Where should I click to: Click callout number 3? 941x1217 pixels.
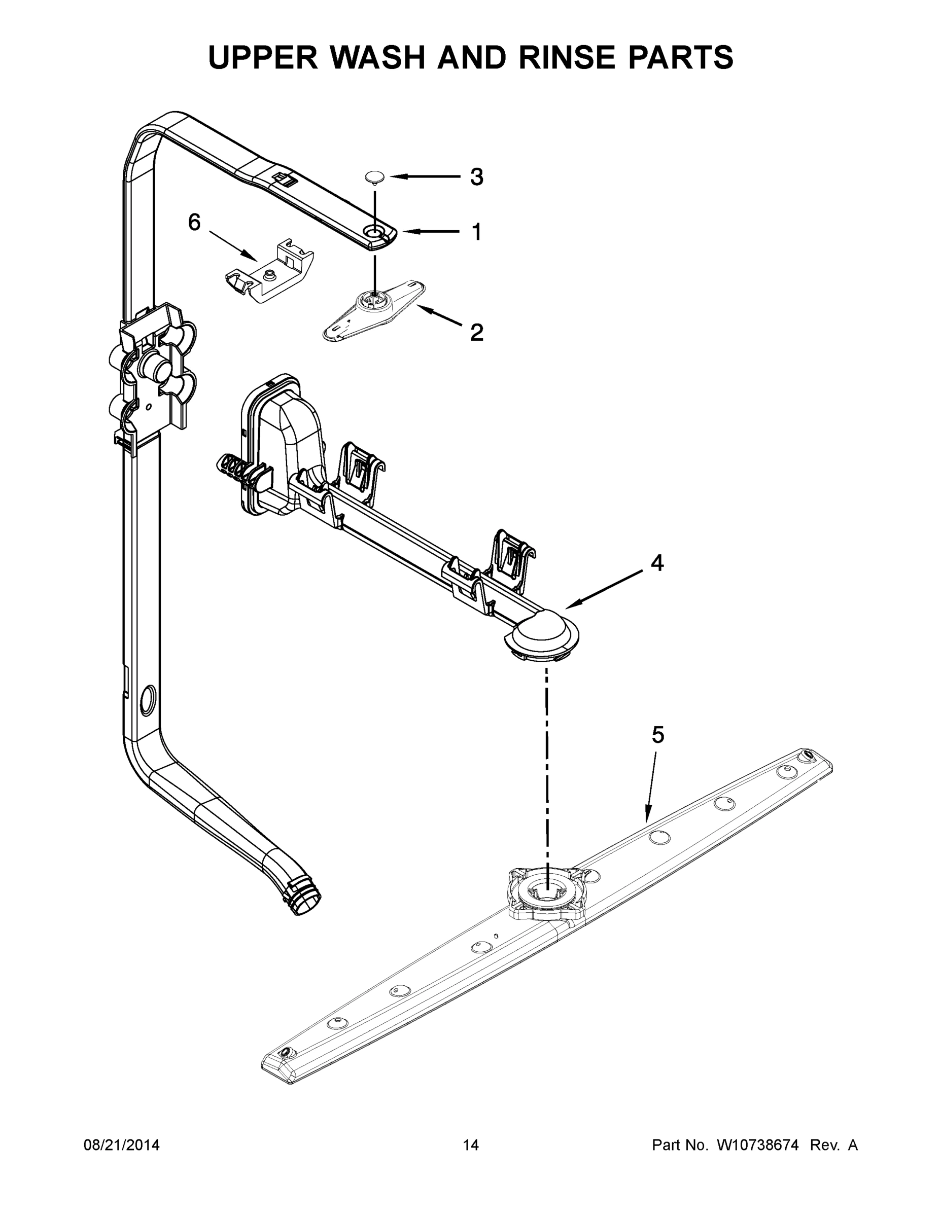(476, 177)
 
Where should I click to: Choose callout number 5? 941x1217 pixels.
(658, 735)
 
